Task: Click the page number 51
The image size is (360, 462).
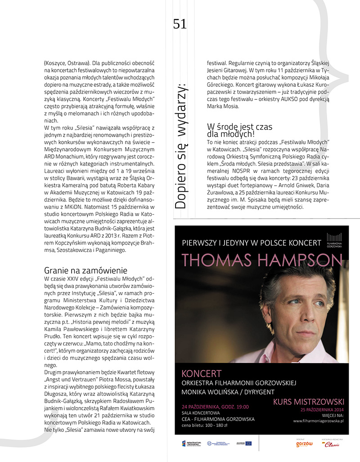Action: pyautogui.click(x=180, y=24)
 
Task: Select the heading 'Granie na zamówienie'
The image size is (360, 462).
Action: pyautogui.click(x=85, y=270)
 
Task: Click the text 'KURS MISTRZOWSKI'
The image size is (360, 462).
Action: pyautogui.click(x=309, y=401)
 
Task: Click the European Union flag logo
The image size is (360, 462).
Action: pyautogui.click(x=248, y=444)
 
